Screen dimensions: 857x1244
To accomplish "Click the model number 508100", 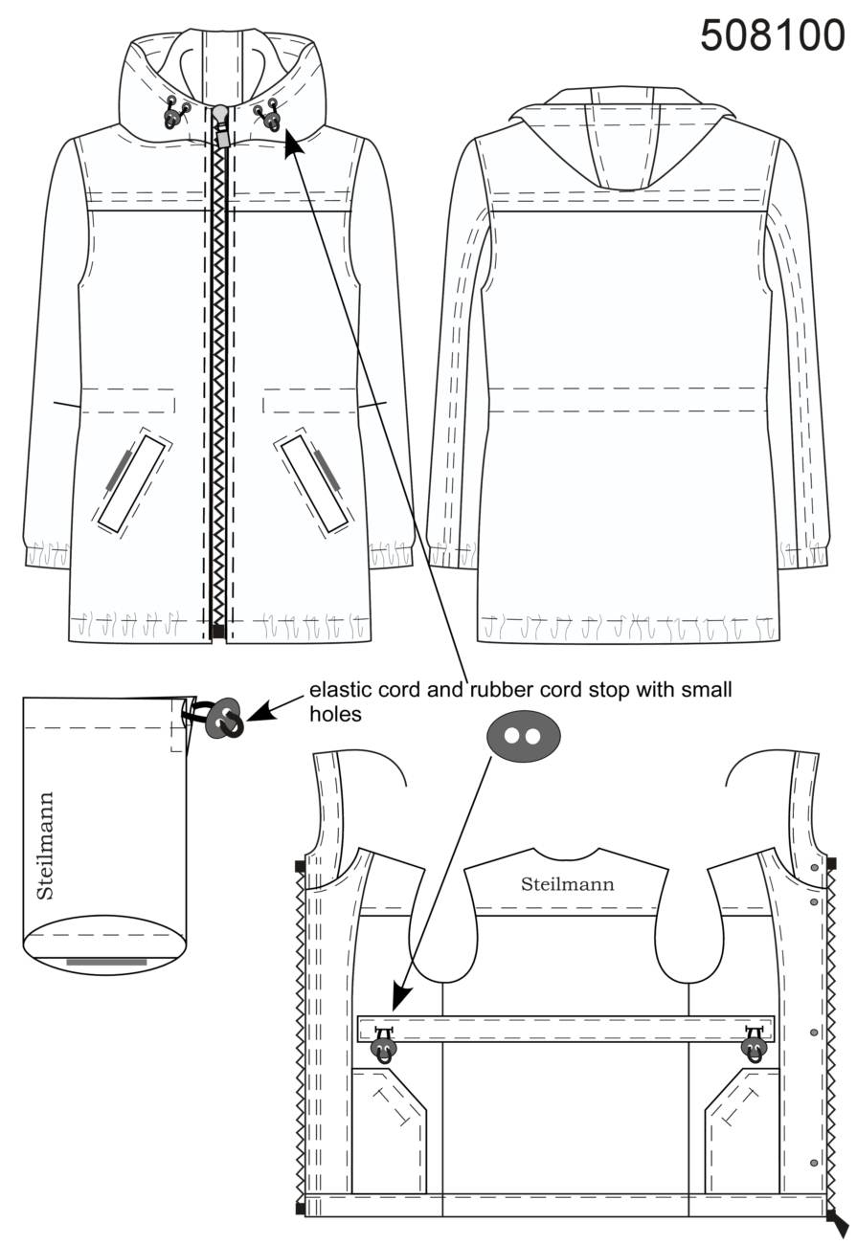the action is click(x=773, y=35).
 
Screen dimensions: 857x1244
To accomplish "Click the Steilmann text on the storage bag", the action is click(x=44, y=845).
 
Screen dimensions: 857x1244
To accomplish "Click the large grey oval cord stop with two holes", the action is click(x=523, y=736).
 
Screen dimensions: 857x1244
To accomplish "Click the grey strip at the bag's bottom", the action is click(x=106, y=962).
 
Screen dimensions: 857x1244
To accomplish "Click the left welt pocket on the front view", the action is click(x=132, y=482).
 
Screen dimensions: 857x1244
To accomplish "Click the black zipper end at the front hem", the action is click(x=218, y=632).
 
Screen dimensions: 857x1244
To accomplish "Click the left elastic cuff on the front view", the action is click(x=47, y=555).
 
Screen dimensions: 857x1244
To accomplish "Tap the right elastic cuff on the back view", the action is click(x=804, y=555).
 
